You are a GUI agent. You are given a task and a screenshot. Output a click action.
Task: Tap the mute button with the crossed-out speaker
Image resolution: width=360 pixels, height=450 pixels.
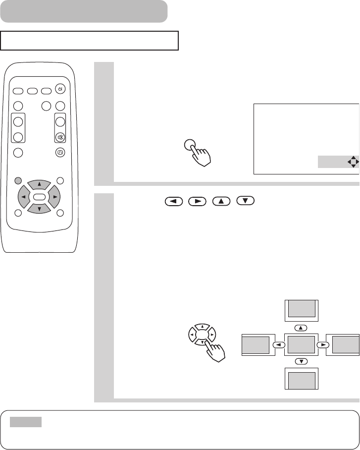[x=60, y=137]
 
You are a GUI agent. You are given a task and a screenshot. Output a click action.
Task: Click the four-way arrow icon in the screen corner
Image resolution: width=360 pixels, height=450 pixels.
[x=353, y=162]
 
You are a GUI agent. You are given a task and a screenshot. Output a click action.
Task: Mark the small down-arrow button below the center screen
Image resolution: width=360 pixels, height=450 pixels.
[x=301, y=361]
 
